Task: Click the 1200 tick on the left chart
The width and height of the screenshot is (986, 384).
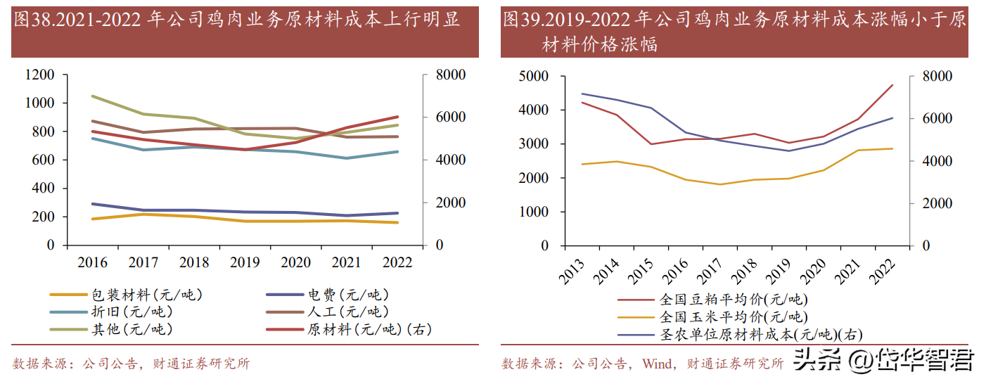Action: click(39, 75)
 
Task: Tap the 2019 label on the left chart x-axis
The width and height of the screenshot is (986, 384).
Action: click(245, 262)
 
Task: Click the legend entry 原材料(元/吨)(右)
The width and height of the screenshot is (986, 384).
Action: click(369, 328)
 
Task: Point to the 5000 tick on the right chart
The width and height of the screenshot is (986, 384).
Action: click(534, 76)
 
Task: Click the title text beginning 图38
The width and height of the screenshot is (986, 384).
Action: click(236, 20)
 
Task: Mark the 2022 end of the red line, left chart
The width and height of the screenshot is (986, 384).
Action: click(397, 117)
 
